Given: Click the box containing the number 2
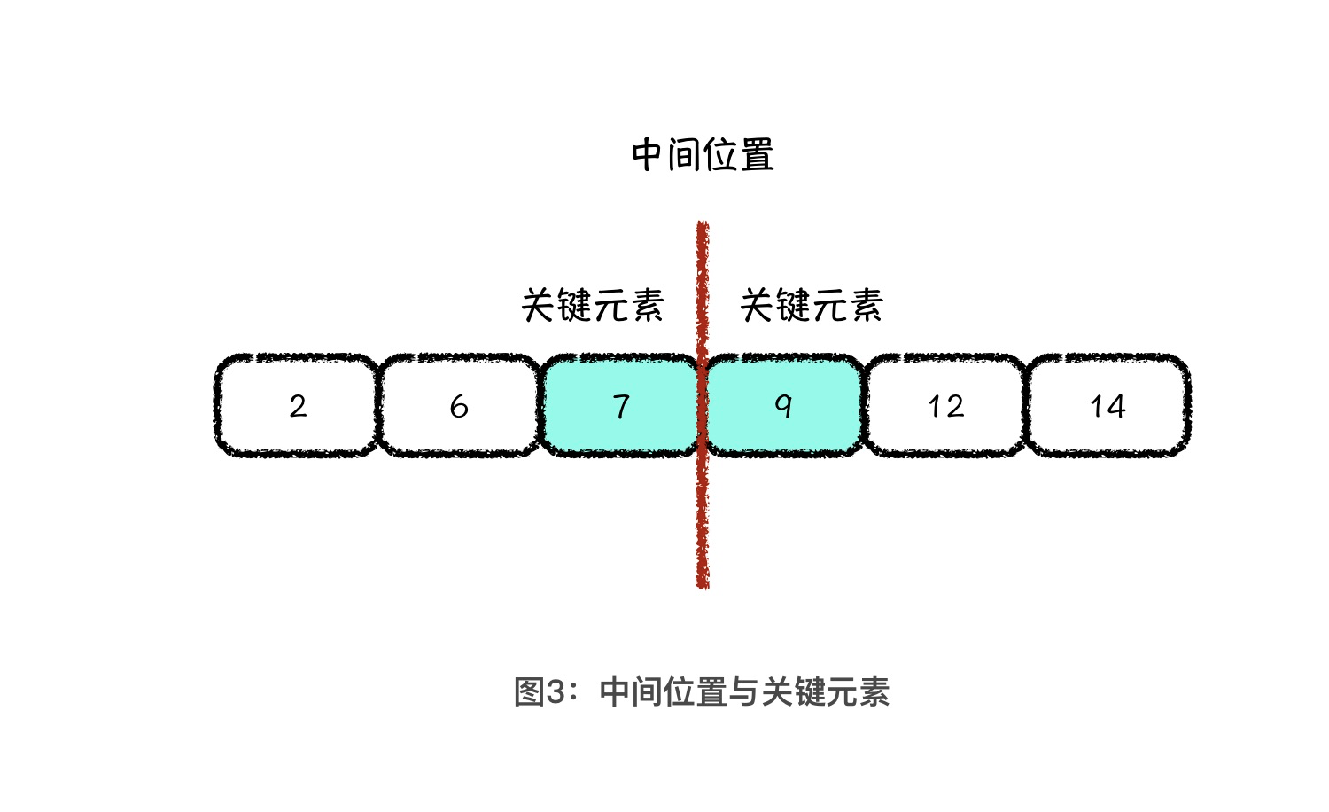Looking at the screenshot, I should [x=297, y=406].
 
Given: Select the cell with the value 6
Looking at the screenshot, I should [x=459, y=406].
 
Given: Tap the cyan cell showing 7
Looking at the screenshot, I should [x=621, y=406].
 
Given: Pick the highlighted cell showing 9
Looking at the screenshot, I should [x=783, y=406].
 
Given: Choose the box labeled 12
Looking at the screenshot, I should [x=945, y=406].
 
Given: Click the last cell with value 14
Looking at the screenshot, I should [x=1107, y=406].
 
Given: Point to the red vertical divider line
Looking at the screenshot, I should [x=703, y=514].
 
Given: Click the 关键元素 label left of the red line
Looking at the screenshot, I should [x=593, y=305].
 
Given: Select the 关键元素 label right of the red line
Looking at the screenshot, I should [x=812, y=305].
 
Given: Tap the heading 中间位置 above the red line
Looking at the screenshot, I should [x=703, y=155].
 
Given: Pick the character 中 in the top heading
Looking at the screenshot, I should [x=649, y=155].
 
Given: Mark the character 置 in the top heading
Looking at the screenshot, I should [x=757, y=155].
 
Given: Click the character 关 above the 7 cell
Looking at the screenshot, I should [x=539, y=305].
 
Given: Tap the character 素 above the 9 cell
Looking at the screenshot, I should [x=866, y=305].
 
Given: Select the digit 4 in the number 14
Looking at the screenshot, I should [x=1116, y=406].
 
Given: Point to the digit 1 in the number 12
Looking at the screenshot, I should [x=934, y=406].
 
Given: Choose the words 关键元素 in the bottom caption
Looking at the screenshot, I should [x=825, y=691].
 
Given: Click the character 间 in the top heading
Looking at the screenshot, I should [x=685, y=155].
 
